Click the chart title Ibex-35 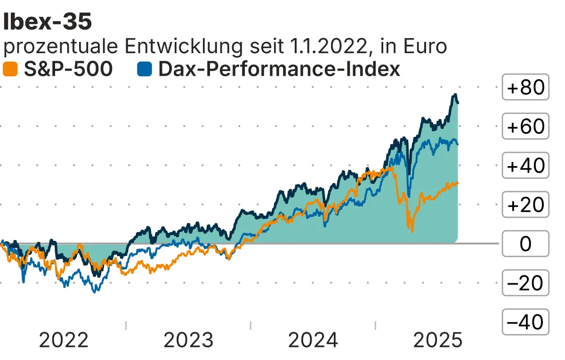click(47, 22)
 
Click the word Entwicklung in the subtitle click(176, 47)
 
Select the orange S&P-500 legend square click(10, 69)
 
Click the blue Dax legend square click(144, 69)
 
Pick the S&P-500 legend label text click(68, 69)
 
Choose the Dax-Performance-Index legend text click(279, 69)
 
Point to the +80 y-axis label click(525, 88)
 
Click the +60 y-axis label click(525, 127)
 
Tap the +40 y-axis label click(525, 166)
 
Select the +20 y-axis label click(525, 205)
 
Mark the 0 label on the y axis click(525, 244)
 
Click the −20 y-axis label click(525, 283)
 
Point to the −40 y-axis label click(525, 322)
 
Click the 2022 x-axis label click(64, 340)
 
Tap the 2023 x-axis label click(188, 340)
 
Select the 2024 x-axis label click(313, 340)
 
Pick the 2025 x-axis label click(438, 340)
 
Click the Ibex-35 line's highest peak click(455, 96)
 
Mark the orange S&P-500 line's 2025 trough click(412, 231)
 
